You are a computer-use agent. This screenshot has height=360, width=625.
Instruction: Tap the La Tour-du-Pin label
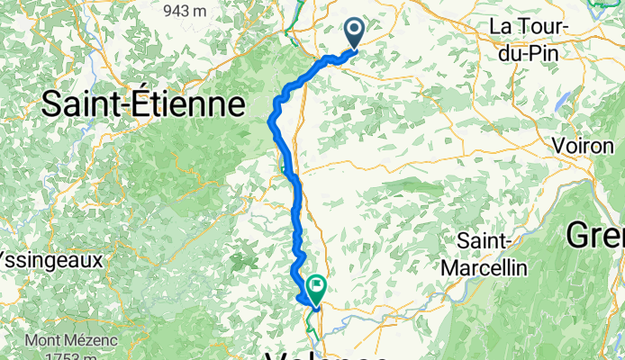[530, 40]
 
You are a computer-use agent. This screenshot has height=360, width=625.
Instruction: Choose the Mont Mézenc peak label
[68, 341]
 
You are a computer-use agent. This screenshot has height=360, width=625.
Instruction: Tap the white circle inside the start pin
[353, 31]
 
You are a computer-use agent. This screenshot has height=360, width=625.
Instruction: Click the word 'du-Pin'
[530, 52]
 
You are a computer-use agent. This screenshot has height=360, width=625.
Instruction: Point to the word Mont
[41, 341]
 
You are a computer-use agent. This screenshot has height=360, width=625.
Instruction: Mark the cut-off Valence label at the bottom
[329, 355]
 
